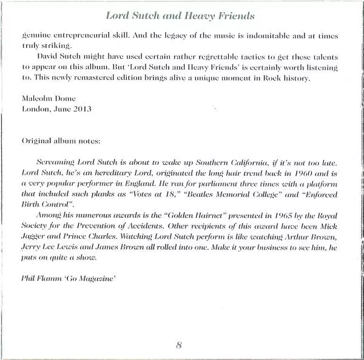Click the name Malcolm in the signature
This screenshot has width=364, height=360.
coord(37,100)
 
